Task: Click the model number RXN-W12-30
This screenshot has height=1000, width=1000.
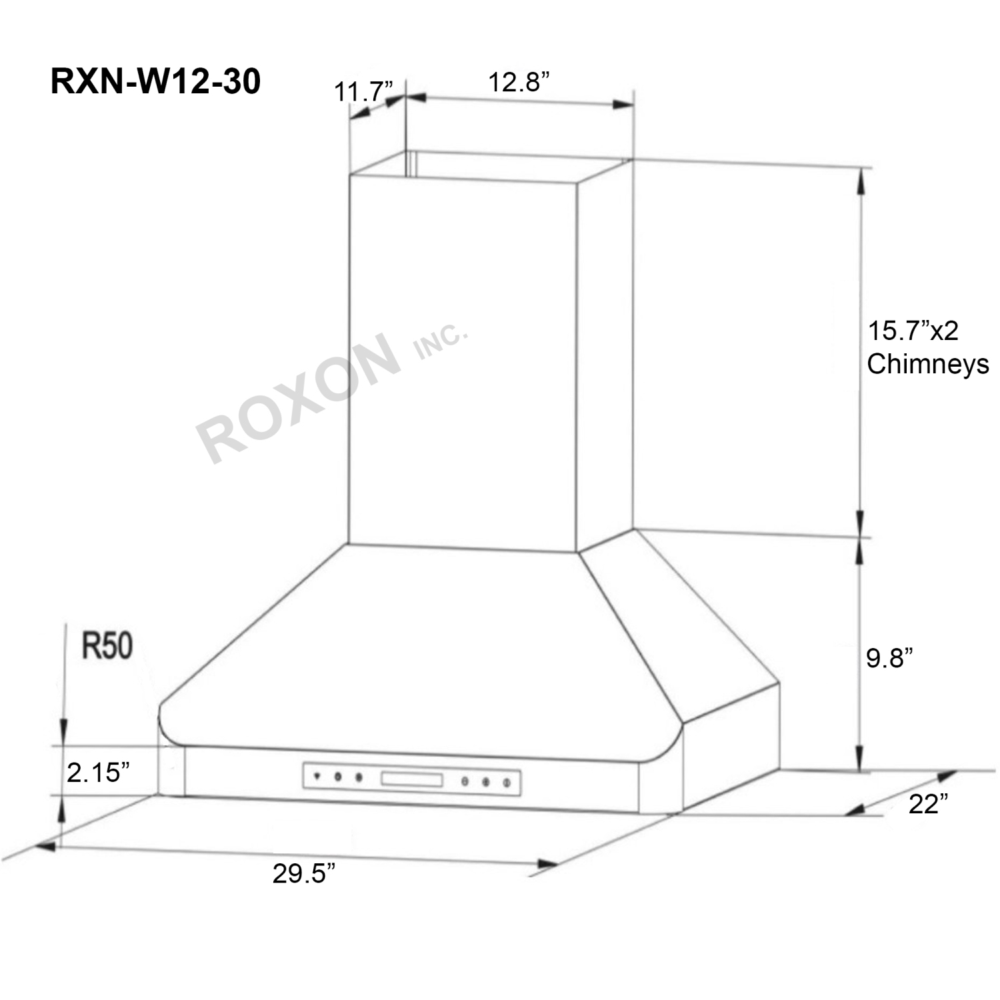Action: pos(155,82)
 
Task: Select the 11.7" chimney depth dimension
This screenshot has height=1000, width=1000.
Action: pos(363,91)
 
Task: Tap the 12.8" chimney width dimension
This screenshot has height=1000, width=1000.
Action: pos(519,82)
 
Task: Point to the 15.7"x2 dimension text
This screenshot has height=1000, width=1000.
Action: pos(912,331)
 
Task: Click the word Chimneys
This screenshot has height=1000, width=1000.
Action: pos(927,364)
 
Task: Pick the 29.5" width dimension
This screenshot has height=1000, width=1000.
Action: pos(303,873)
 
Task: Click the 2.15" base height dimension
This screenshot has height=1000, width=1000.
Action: pos(97,772)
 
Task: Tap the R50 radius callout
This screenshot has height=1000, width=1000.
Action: pos(107,645)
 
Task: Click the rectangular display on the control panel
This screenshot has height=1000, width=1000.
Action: pos(411,779)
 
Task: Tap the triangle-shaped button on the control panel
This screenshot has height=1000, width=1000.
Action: pos(317,775)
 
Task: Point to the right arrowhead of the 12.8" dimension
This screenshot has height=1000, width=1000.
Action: pos(623,104)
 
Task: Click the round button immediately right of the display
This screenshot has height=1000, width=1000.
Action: pos(465,781)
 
